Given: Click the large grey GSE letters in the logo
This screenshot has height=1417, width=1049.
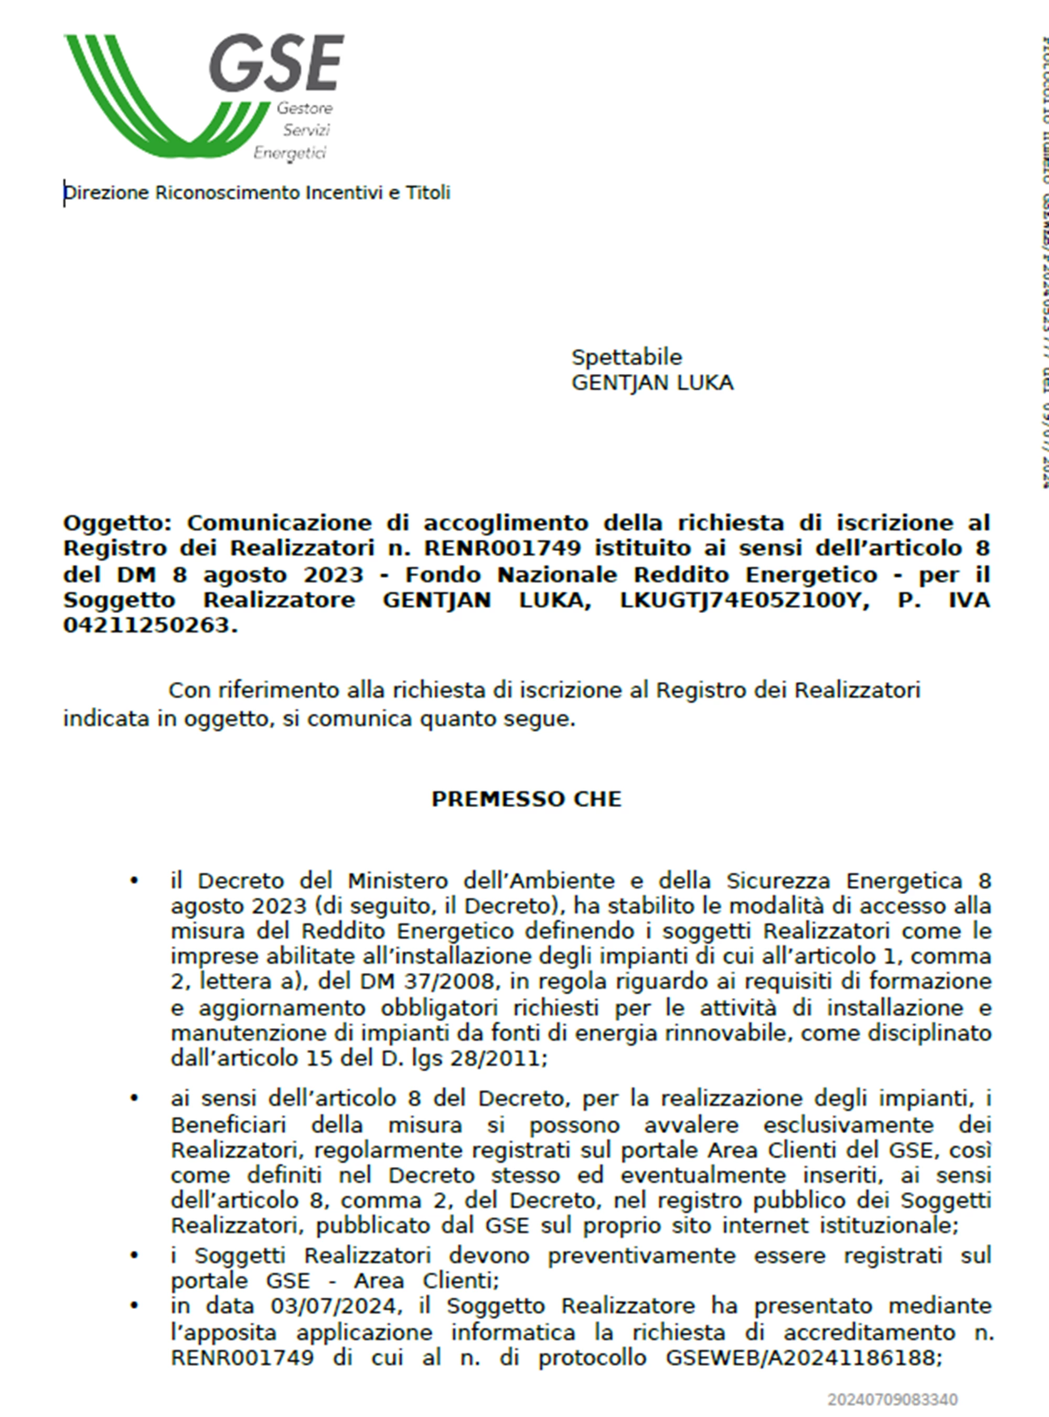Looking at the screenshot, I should pos(277,64).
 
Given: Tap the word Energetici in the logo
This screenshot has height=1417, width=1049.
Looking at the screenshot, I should pos(290,153).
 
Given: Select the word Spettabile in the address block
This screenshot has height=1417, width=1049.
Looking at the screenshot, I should pos(626,358).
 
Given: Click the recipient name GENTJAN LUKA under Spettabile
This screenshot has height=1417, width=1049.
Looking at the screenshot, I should pos(652,383).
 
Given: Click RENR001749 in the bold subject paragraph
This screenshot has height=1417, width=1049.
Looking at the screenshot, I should pos(502,549).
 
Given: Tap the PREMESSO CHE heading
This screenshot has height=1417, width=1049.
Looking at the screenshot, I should pos(527,799).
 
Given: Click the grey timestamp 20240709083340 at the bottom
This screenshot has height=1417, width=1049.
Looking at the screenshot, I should pos(892,1400).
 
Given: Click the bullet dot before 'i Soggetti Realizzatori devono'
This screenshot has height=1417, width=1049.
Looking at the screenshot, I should pos(134,1256).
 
